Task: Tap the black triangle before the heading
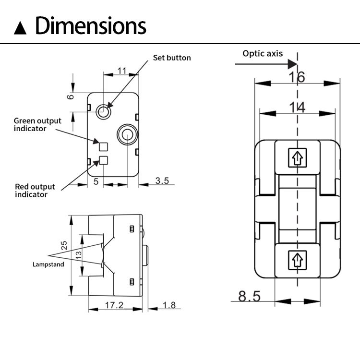tap(21, 27)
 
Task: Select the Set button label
tap(172, 58)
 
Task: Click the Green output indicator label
tap(37, 124)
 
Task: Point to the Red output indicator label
tap(35, 190)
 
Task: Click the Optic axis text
tap(263, 53)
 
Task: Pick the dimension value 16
tap(297, 77)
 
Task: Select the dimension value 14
tap(298, 108)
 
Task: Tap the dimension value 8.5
tap(250, 296)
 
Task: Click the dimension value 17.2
tap(114, 305)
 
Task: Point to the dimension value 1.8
tap(169, 305)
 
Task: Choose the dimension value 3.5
tap(162, 180)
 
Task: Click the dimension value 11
tap(121, 71)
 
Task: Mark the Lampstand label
tap(48, 264)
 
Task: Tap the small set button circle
tap(103, 112)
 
